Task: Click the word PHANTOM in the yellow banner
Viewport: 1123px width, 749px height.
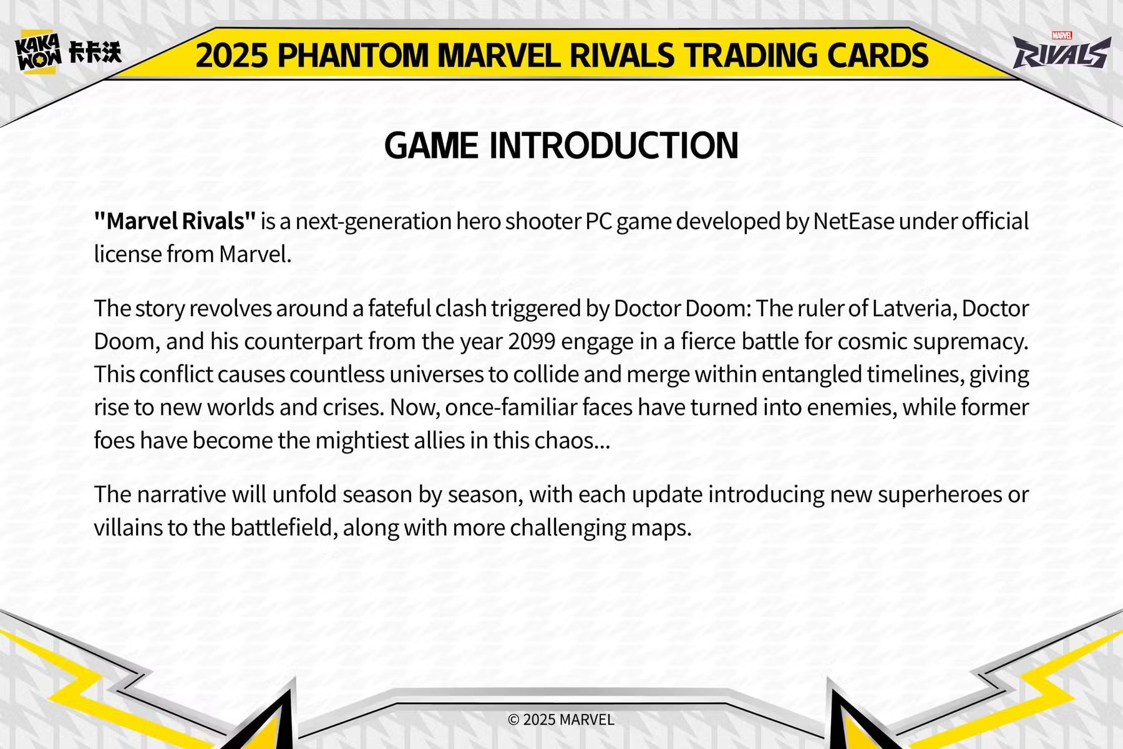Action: click(x=353, y=56)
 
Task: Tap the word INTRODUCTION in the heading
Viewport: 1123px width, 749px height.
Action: click(x=614, y=145)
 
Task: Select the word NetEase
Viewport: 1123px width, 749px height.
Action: click(x=853, y=221)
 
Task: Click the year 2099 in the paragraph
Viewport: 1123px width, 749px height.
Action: click(x=532, y=342)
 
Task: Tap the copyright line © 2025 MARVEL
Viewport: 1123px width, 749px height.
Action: click(x=561, y=720)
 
